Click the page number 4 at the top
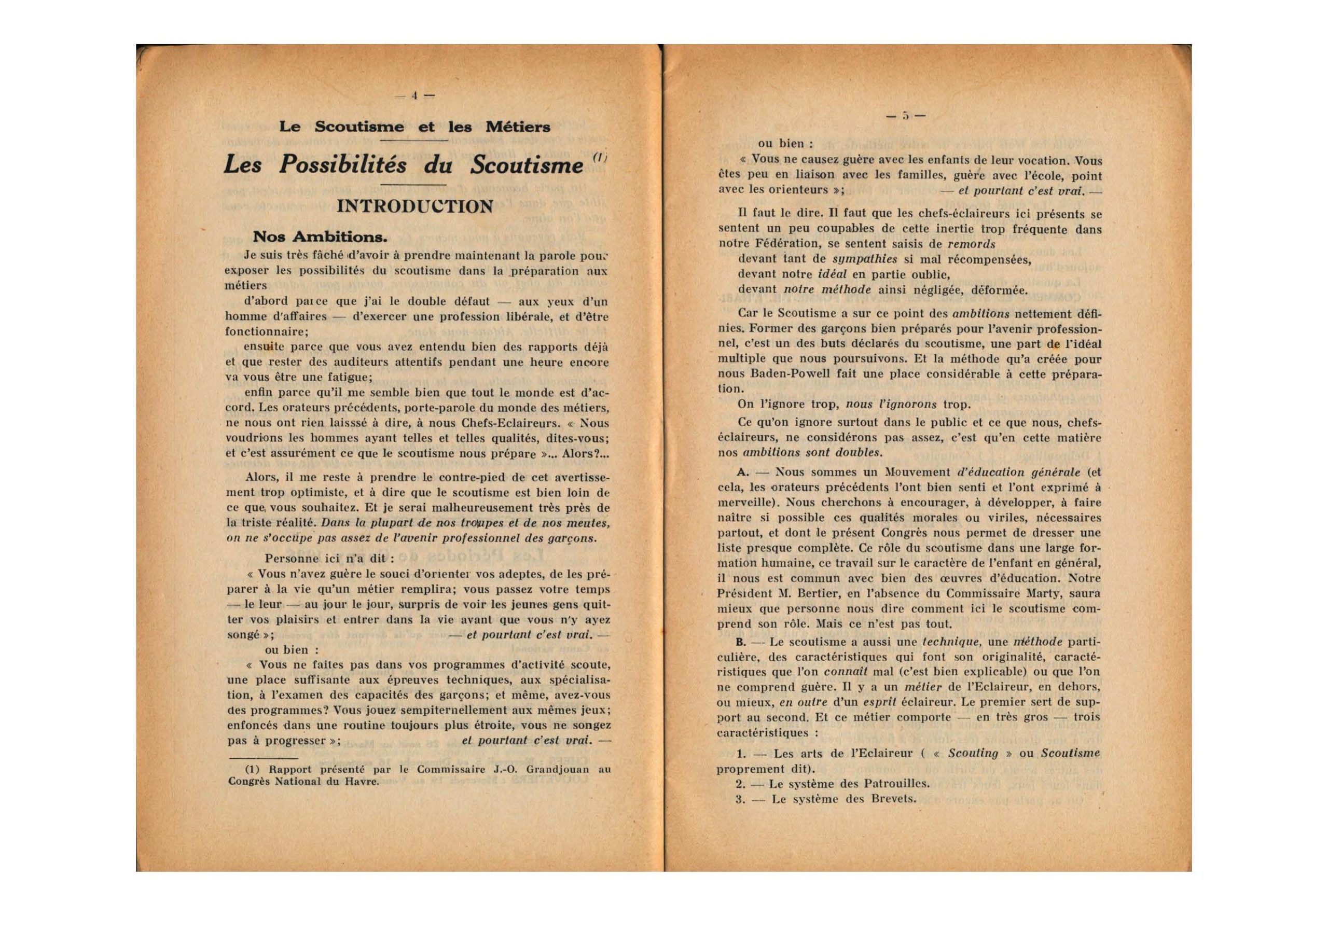[x=414, y=96]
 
